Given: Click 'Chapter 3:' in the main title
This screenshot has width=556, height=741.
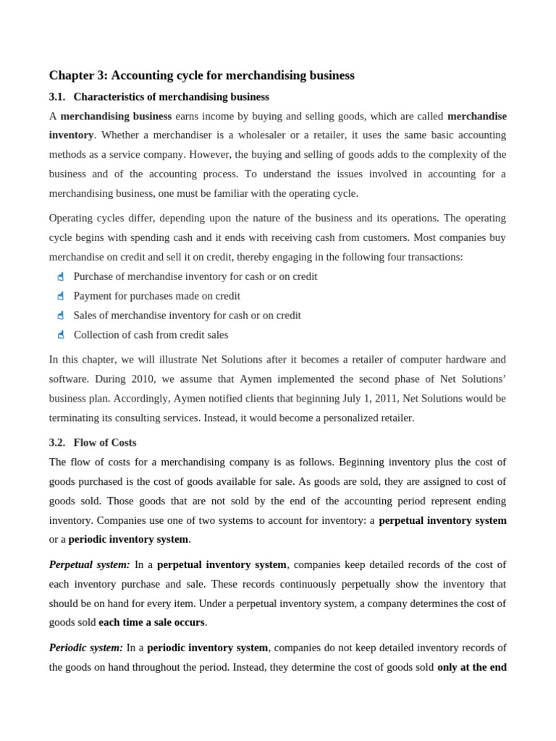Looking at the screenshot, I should (x=78, y=75).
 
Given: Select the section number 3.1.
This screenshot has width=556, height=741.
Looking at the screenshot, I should (x=57, y=97).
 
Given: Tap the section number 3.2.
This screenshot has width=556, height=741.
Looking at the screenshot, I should (x=57, y=442).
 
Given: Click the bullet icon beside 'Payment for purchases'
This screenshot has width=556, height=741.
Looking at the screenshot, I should (x=61, y=296).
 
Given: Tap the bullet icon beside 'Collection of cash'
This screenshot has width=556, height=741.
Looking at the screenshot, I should (x=61, y=335).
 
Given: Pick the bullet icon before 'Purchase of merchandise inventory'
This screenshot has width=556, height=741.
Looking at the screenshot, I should (x=61, y=276).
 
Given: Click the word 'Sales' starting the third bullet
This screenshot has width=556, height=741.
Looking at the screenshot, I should (x=86, y=316).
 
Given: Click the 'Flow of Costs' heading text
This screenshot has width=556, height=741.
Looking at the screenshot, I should (x=105, y=442).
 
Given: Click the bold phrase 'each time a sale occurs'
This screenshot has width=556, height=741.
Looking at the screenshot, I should (x=151, y=622).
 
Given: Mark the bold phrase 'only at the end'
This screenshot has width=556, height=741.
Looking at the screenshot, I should (x=471, y=667).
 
